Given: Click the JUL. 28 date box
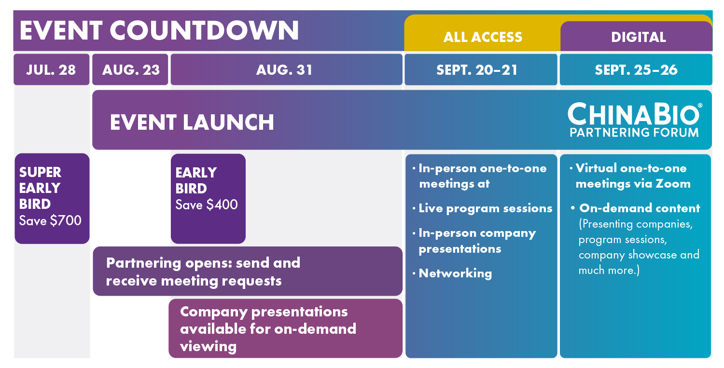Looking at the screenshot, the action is pos(51,69).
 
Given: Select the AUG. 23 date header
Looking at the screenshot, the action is pos(130,69).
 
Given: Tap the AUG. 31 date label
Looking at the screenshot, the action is pos(284,70).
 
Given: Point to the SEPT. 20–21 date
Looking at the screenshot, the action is pos(477,70).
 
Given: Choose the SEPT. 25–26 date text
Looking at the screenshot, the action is pos(636,70).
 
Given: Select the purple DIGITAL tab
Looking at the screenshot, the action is pos(637,36).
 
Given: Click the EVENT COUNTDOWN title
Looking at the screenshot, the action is pos(159,30).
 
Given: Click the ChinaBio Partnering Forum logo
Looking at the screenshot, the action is pos(635,120).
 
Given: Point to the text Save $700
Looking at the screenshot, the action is pos(50,221).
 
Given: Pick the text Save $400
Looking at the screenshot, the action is pos(207,205).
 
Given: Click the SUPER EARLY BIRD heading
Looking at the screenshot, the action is pos(40,188).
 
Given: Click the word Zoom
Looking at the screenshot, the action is pos(673,183).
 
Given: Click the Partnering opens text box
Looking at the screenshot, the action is pos(248,271).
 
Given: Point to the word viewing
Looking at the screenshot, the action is pos(208,347).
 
